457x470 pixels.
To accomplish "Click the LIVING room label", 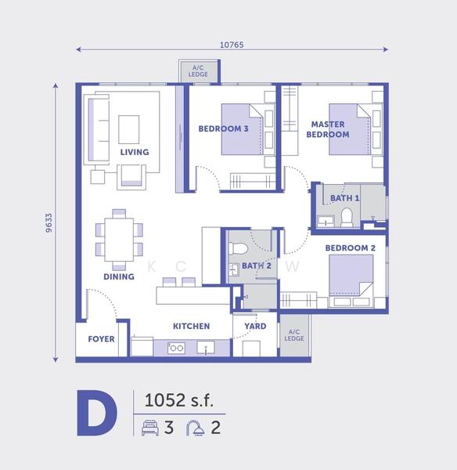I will coord(134,152).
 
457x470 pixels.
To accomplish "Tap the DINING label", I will coord(118,277).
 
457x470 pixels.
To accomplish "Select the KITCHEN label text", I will coord(191,326).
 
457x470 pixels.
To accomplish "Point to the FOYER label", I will coord(101,340).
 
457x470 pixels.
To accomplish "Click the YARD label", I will coord(255,326).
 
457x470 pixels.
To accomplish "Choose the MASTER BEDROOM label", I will coord(328,129).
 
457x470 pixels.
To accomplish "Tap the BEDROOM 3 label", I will coord(223,129).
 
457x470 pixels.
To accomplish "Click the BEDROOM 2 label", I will coord(351,248).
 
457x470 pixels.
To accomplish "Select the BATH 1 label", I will coord(344,198).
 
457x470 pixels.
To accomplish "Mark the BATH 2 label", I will coord(257,266).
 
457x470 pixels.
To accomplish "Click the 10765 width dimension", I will coord(232,45).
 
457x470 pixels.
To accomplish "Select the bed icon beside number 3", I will coord(149,428).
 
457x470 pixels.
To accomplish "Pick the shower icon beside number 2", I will coord(195,428).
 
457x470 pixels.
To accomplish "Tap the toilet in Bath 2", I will coord(240,249).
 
